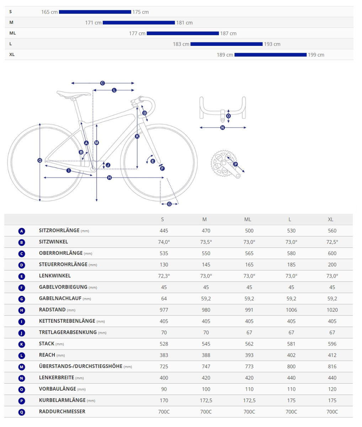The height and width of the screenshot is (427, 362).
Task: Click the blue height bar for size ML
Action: (183, 33)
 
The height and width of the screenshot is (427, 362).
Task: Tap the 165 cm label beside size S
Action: (49, 12)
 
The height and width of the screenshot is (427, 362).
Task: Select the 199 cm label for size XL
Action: (316, 55)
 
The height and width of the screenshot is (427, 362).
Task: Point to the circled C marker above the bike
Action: (102, 83)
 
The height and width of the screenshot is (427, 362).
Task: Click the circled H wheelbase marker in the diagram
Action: (109, 178)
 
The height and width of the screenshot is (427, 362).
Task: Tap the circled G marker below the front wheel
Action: (169, 204)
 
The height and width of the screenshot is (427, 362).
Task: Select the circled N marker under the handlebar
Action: (223, 127)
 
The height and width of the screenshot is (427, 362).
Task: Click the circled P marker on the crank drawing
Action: (235, 164)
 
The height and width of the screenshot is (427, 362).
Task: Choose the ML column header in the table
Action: (248, 220)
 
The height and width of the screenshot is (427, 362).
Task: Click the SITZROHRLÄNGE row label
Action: (59, 231)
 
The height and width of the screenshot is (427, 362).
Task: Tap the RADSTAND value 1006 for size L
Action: (291, 310)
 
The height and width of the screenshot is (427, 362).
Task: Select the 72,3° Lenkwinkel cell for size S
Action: (164, 276)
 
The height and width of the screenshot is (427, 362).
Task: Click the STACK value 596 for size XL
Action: (332, 344)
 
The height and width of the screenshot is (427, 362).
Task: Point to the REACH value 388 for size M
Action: (206, 355)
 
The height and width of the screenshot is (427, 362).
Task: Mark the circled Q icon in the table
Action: (22, 412)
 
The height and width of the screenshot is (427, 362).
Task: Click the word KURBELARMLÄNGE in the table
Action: (62, 400)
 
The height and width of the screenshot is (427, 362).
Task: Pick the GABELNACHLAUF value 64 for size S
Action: (164, 299)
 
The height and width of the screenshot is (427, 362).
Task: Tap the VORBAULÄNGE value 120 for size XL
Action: (332, 389)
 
